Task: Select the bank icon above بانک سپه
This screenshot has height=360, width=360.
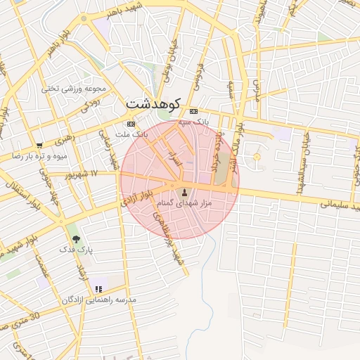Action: (x=193, y=112)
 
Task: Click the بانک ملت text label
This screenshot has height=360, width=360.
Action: (x=131, y=133)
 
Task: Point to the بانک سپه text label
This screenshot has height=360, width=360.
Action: (x=194, y=122)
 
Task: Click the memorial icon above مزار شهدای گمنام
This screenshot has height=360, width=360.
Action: (x=185, y=193)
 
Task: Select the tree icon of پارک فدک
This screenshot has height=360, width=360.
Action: (x=75, y=240)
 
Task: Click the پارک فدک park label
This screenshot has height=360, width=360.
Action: (x=76, y=250)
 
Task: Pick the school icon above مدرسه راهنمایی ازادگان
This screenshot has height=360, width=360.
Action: (x=98, y=288)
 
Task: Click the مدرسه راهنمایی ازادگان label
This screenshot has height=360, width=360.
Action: (x=99, y=300)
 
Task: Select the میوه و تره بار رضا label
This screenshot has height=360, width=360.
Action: (x=39, y=155)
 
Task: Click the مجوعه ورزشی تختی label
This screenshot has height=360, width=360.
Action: (x=73, y=89)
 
